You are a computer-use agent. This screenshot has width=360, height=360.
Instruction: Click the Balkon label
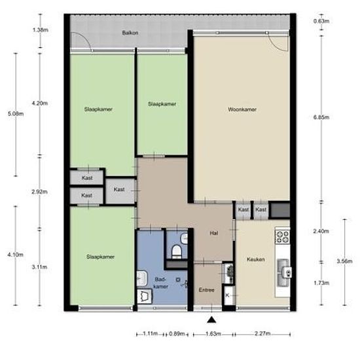pyautogui.click(x=130, y=33)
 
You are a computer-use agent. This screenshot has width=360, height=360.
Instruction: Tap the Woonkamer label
pyautogui.click(x=242, y=109)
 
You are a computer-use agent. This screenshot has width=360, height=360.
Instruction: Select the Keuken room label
pyautogui.click(x=255, y=259)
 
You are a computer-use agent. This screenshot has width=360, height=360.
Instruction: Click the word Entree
pyautogui.click(x=206, y=290)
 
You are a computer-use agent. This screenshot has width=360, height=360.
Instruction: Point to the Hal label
pyautogui.click(x=214, y=233)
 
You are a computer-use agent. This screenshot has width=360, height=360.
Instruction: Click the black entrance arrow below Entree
pyautogui.click(x=211, y=320)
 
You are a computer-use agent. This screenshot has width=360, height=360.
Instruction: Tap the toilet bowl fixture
pyautogui.click(x=177, y=251)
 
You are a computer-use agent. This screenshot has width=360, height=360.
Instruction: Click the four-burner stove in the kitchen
pyautogui.click(x=282, y=237)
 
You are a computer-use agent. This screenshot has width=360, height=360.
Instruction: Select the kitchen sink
pyautogui.click(x=283, y=273)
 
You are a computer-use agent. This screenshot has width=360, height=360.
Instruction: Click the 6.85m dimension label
pyautogui.click(x=321, y=117)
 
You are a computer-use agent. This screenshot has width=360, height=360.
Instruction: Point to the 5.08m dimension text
pyautogui.click(x=16, y=114)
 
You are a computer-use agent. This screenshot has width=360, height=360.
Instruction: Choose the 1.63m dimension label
pyautogui.click(x=213, y=334)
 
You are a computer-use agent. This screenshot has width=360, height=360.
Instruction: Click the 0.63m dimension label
pyautogui.click(x=321, y=21)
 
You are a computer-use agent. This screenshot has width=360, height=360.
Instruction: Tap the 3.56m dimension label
pyautogui.click(x=344, y=261)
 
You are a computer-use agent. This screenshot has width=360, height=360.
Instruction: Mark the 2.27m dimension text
pyautogui.click(x=262, y=333)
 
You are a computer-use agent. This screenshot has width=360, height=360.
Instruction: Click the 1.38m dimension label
pyautogui.click(x=41, y=30)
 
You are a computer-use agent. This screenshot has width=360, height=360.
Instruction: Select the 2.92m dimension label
pyautogui.click(x=40, y=192)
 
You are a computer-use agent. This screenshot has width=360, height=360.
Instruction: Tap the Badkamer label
pyautogui.click(x=161, y=283)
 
